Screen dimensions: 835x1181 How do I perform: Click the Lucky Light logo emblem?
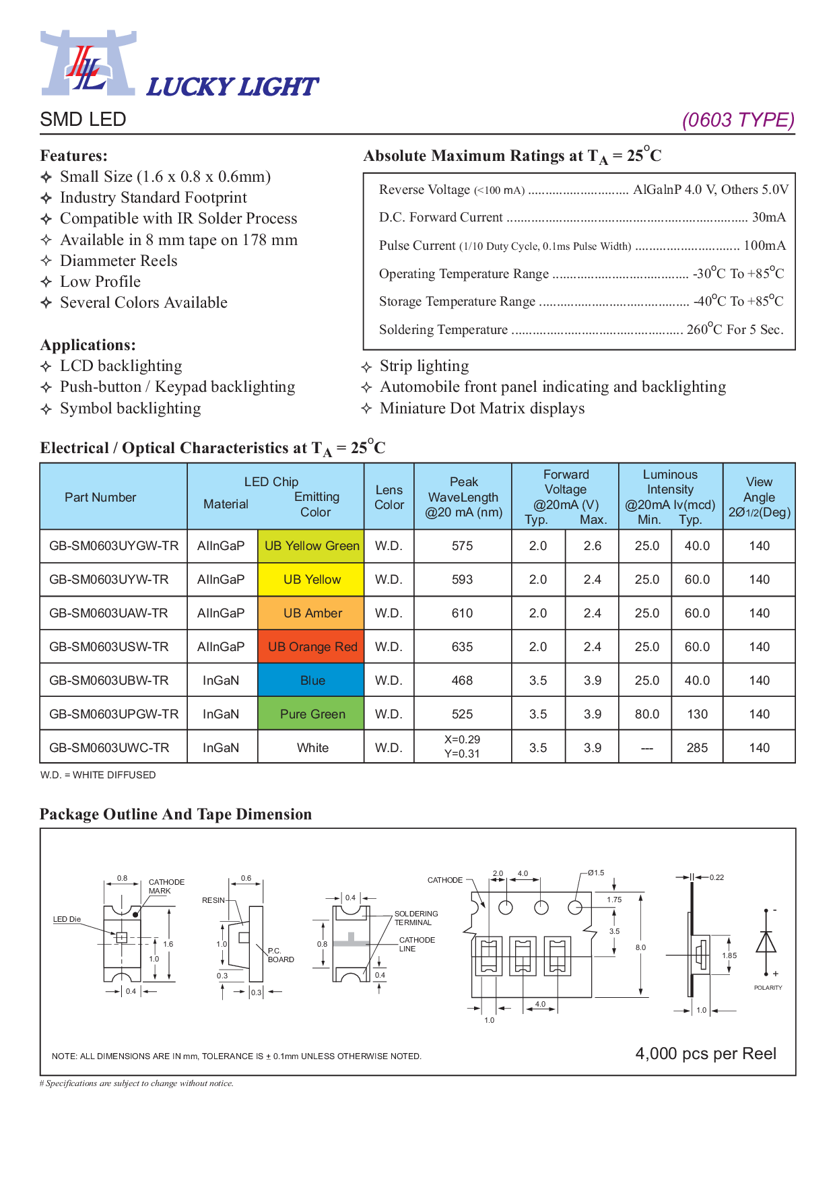point(88,63)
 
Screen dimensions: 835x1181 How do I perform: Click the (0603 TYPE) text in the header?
point(738,120)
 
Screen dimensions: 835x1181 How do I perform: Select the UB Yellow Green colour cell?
point(311,546)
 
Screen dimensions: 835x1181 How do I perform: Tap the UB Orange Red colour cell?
point(311,647)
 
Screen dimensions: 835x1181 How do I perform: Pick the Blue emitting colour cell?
point(311,681)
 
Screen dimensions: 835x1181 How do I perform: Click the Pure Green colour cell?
point(311,714)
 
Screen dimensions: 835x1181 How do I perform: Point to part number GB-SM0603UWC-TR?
point(109,748)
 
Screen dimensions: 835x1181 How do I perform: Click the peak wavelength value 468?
point(462,681)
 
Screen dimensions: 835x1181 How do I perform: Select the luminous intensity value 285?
point(697,748)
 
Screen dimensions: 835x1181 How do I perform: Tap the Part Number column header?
point(100,498)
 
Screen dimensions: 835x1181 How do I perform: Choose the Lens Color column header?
point(389,498)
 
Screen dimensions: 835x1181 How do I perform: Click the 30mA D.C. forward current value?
point(769,217)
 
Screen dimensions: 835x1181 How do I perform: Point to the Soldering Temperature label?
point(443,330)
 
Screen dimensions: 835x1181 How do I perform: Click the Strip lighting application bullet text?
point(424,366)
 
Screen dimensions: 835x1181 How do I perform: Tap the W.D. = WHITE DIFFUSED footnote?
point(98,775)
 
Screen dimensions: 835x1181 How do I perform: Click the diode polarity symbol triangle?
point(766,942)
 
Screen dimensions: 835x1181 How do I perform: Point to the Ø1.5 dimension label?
point(596,873)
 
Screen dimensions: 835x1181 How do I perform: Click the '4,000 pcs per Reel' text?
point(706,1054)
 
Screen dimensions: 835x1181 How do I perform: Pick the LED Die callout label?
point(67,919)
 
